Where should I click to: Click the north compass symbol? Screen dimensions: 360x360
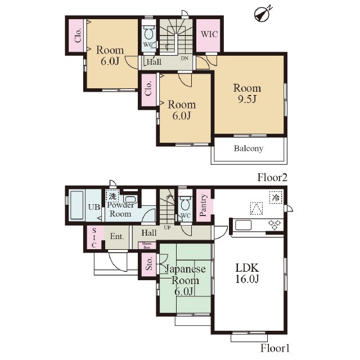click(x=262, y=14)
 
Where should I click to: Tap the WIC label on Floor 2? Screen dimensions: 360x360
click(x=209, y=34)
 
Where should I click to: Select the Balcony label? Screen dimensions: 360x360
click(x=249, y=148)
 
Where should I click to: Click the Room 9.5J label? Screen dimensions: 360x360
click(x=247, y=93)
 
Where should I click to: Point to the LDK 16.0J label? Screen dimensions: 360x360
click(x=247, y=273)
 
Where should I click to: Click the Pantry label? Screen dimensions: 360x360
click(x=203, y=205)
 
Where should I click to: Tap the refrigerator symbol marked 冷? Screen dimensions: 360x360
click(x=276, y=197)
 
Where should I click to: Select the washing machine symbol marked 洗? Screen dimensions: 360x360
click(x=112, y=196)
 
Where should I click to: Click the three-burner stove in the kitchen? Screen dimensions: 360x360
click(x=275, y=225)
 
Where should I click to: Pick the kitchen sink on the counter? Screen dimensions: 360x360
click(x=243, y=225)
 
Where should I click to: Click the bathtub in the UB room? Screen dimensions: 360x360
click(x=76, y=205)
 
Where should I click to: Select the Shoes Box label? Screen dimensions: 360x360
click(x=147, y=245)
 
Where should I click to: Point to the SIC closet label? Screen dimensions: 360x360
click(x=94, y=237)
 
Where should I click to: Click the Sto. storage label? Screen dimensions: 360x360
click(x=148, y=264)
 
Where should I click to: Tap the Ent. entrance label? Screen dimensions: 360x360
click(x=117, y=236)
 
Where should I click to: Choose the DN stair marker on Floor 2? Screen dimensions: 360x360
click(x=184, y=58)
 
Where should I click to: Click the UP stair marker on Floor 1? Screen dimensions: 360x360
click(x=167, y=227)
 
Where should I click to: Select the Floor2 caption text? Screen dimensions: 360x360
click(x=272, y=178)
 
